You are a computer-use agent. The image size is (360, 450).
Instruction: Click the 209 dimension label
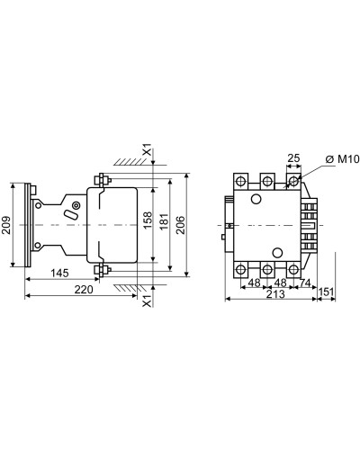tap(6, 225)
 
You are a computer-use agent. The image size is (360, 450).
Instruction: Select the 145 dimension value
tap(59, 273)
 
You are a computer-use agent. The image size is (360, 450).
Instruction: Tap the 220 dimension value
tap(84, 290)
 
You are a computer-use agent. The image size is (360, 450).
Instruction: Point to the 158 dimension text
tap(148, 220)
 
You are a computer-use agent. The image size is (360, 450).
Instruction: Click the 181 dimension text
tap(164, 222)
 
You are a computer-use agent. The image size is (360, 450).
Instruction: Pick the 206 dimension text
tap(180, 225)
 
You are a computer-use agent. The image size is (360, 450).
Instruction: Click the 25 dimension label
tap(293, 158)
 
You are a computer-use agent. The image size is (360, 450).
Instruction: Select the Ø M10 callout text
tap(342, 159)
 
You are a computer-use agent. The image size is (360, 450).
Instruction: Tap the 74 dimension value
tap(304, 283)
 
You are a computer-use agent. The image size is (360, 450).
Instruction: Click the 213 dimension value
tap(275, 294)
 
